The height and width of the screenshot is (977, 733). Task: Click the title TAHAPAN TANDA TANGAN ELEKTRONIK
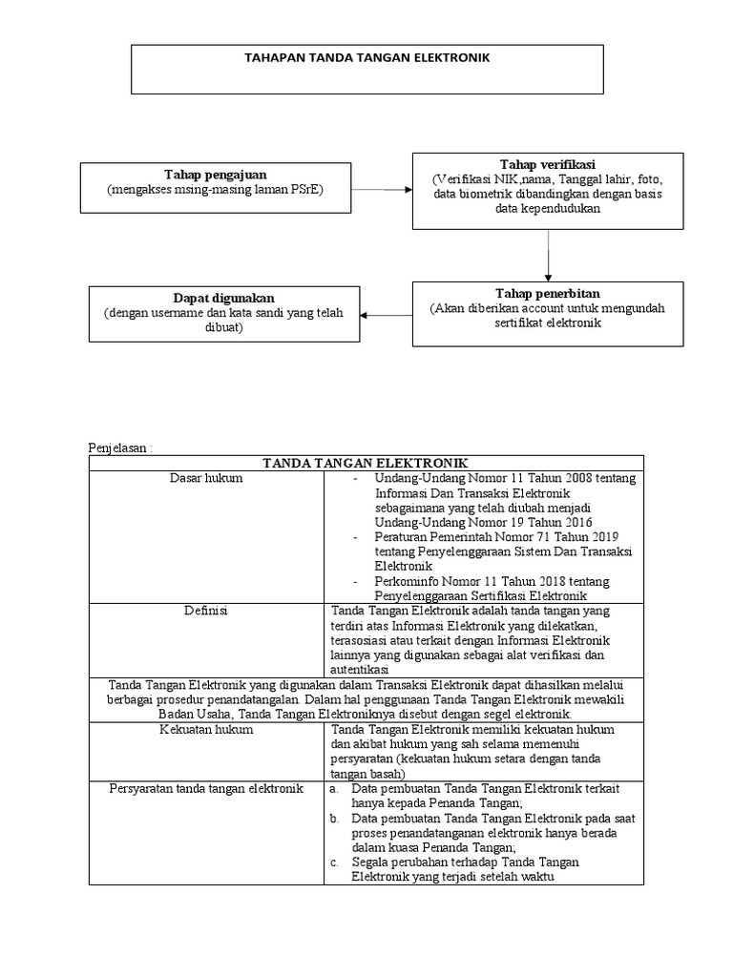(367, 58)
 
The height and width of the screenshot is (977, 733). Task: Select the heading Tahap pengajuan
(216, 175)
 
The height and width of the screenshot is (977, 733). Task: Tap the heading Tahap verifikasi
(547, 165)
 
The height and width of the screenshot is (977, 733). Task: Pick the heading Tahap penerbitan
(548, 293)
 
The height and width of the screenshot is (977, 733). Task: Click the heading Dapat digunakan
(224, 298)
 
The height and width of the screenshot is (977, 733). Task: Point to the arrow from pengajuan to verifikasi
(382, 190)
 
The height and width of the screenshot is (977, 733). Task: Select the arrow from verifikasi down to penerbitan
(549, 255)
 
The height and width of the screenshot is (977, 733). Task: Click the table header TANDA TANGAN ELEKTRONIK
(366, 463)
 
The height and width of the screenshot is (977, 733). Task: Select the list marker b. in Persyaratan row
(334, 819)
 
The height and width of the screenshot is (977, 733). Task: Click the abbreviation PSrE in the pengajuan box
(306, 190)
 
